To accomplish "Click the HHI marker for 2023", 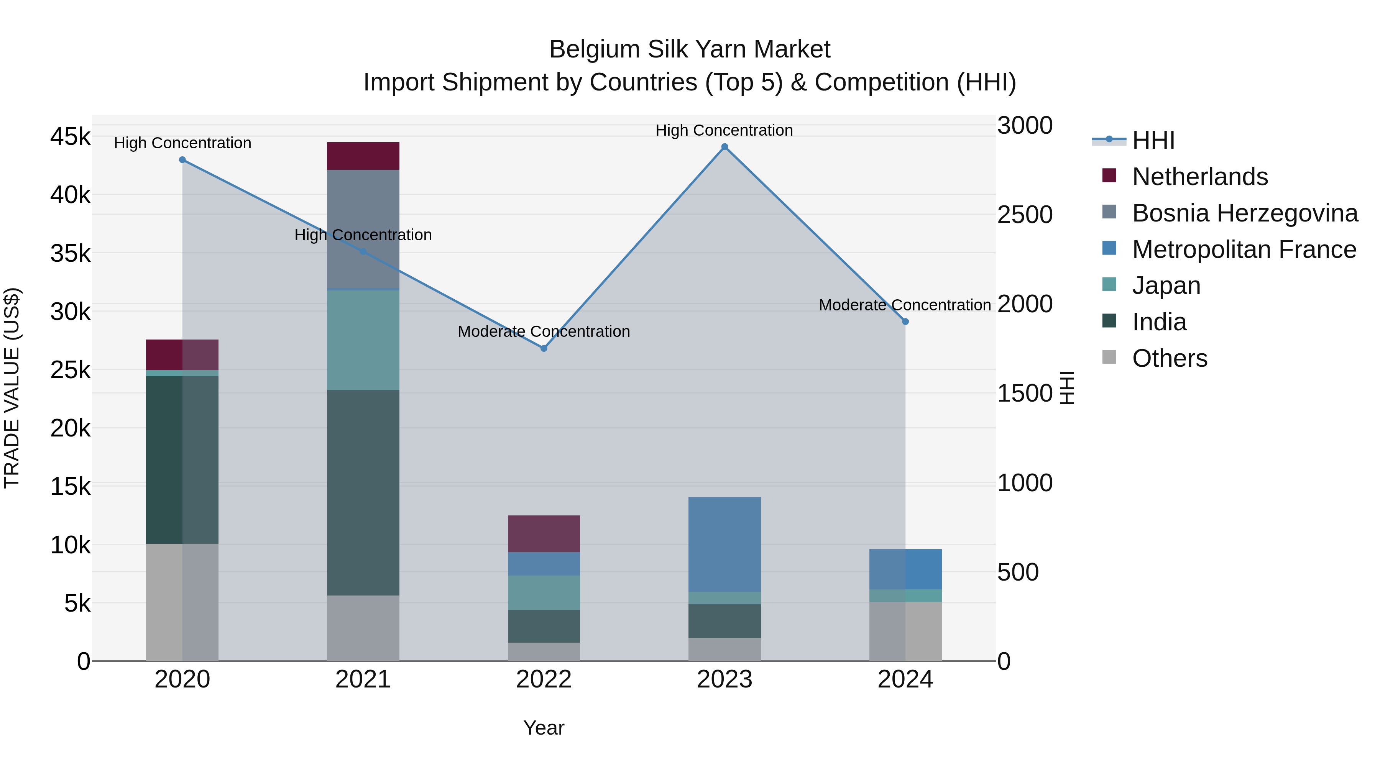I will pyautogui.click(x=724, y=147).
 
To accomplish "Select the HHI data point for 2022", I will pyautogui.click(x=544, y=348).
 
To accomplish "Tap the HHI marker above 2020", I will pyautogui.click(x=182, y=159).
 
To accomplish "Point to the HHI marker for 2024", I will pyautogui.click(x=905, y=322).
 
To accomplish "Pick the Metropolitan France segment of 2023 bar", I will pyautogui.click(x=724, y=544).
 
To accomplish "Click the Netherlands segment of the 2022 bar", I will pyautogui.click(x=544, y=533).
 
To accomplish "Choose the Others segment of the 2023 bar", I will pyautogui.click(x=724, y=649).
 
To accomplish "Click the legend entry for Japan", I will pyautogui.click(x=1166, y=285).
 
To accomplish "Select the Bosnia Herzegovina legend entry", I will pyautogui.click(x=1244, y=213).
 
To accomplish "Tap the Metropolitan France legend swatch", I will pyautogui.click(x=1109, y=248).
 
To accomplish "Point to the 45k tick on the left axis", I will pyautogui.click(x=70, y=136).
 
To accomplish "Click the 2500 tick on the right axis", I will pyautogui.click(x=1024, y=215).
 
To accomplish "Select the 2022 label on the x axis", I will pyautogui.click(x=544, y=679).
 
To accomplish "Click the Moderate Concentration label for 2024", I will pyautogui.click(x=904, y=305).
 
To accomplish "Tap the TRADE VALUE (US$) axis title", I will pyautogui.click(x=12, y=388).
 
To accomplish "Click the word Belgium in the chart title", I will pyautogui.click(x=594, y=49).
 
